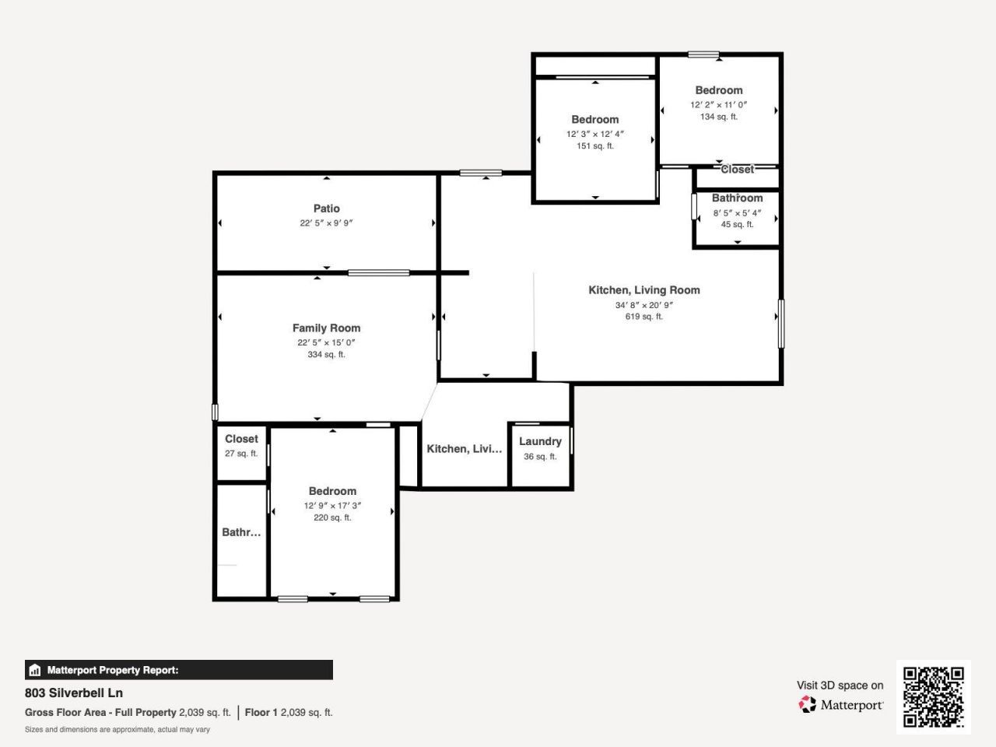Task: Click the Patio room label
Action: (x=326, y=209)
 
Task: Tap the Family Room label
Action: (x=326, y=328)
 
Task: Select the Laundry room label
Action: (x=540, y=441)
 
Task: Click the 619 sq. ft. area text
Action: (x=644, y=317)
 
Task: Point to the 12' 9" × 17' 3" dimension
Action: (x=332, y=506)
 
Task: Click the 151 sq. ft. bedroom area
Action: (x=594, y=146)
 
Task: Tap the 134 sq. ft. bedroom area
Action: (x=718, y=117)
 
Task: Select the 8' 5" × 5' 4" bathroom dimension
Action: (x=737, y=213)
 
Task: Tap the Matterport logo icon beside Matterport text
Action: (x=808, y=705)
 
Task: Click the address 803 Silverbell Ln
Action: (x=74, y=693)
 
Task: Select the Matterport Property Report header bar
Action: (x=179, y=670)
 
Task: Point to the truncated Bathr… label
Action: (x=241, y=532)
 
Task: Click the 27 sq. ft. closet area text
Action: (x=241, y=454)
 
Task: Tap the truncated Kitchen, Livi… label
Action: (x=465, y=449)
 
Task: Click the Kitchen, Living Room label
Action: (x=644, y=290)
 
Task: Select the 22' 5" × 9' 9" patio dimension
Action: (x=326, y=223)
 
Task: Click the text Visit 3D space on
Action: (x=840, y=686)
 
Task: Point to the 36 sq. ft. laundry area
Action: (x=540, y=457)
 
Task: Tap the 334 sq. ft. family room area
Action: (x=326, y=355)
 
